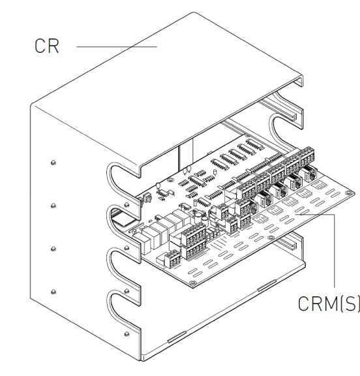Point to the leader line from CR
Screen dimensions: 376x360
117,47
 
